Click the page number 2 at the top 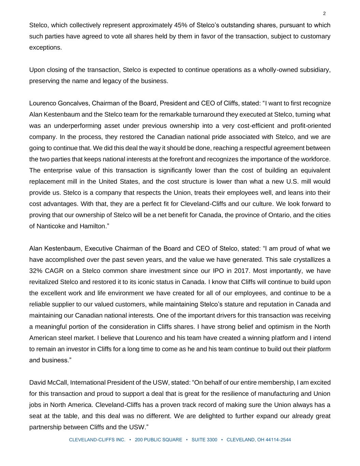(324, 14)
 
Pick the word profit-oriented (311, 126)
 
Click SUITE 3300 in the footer (204, 440)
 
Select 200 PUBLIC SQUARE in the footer (158, 440)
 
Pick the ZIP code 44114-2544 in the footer (278, 440)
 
